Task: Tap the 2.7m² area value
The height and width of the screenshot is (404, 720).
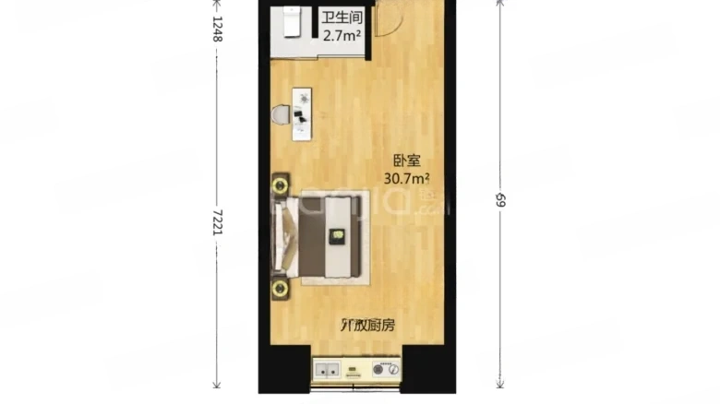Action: pyautogui.click(x=341, y=36)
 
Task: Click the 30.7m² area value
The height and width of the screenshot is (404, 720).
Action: pyautogui.click(x=407, y=176)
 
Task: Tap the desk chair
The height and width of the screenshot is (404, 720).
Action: pyautogui.click(x=282, y=115)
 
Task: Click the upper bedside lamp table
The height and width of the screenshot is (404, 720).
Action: pyautogui.click(x=280, y=184)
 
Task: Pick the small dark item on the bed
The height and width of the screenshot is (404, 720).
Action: pyautogui.click(x=338, y=238)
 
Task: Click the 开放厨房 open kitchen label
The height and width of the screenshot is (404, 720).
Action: pyautogui.click(x=367, y=325)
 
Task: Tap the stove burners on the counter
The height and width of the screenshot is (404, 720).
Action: pyautogui.click(x=386, y=370)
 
